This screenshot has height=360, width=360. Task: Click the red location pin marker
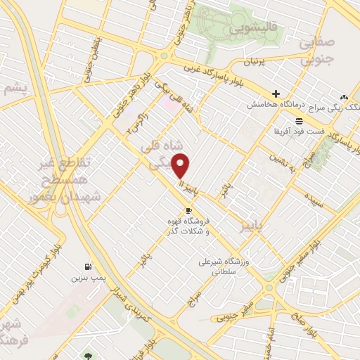pos(182,166)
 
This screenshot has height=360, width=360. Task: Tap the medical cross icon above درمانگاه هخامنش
pos(276,94)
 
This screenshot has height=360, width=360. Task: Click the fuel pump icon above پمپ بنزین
pos(87,266)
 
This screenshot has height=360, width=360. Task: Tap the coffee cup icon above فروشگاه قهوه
pos(188,210)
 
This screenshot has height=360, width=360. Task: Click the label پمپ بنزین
pos(87,278)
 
